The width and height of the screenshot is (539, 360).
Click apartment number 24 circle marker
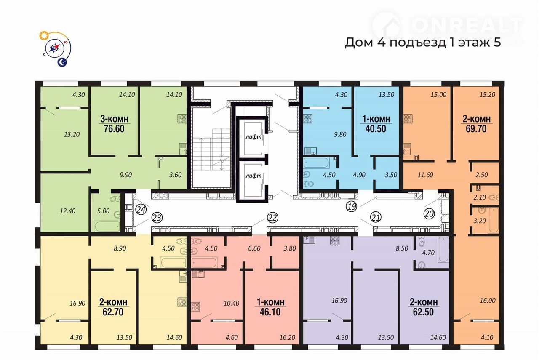141,210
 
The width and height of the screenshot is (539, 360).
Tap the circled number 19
351,206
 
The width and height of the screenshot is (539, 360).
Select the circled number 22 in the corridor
272,218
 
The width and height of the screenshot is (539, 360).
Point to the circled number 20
429,214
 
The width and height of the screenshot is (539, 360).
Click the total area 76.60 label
114,129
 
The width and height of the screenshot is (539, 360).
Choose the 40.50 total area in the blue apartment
376,129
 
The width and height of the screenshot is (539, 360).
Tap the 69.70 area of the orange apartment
476,129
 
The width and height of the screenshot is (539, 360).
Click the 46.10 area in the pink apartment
270,312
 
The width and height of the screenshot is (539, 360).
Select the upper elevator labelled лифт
253,137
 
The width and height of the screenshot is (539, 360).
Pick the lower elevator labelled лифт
253,176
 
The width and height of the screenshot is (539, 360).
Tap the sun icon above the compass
44,36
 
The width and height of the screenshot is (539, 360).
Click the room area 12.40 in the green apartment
68,211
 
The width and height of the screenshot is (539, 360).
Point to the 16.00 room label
488,301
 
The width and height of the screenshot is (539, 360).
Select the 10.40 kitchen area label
232,304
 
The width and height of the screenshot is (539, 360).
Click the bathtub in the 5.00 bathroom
107,226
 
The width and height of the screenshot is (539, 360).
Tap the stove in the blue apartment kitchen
308,119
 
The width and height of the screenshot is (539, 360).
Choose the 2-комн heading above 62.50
423,302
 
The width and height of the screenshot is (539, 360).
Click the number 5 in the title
497,43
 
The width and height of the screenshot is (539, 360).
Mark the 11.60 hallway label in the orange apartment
425,175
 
